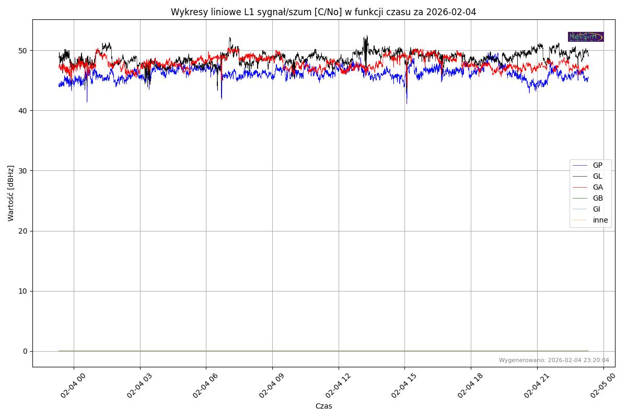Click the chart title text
323,12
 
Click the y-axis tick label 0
25,351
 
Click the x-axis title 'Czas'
323,406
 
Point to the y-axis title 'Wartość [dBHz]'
11,193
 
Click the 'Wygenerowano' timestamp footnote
554,360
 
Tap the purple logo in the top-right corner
586,37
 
